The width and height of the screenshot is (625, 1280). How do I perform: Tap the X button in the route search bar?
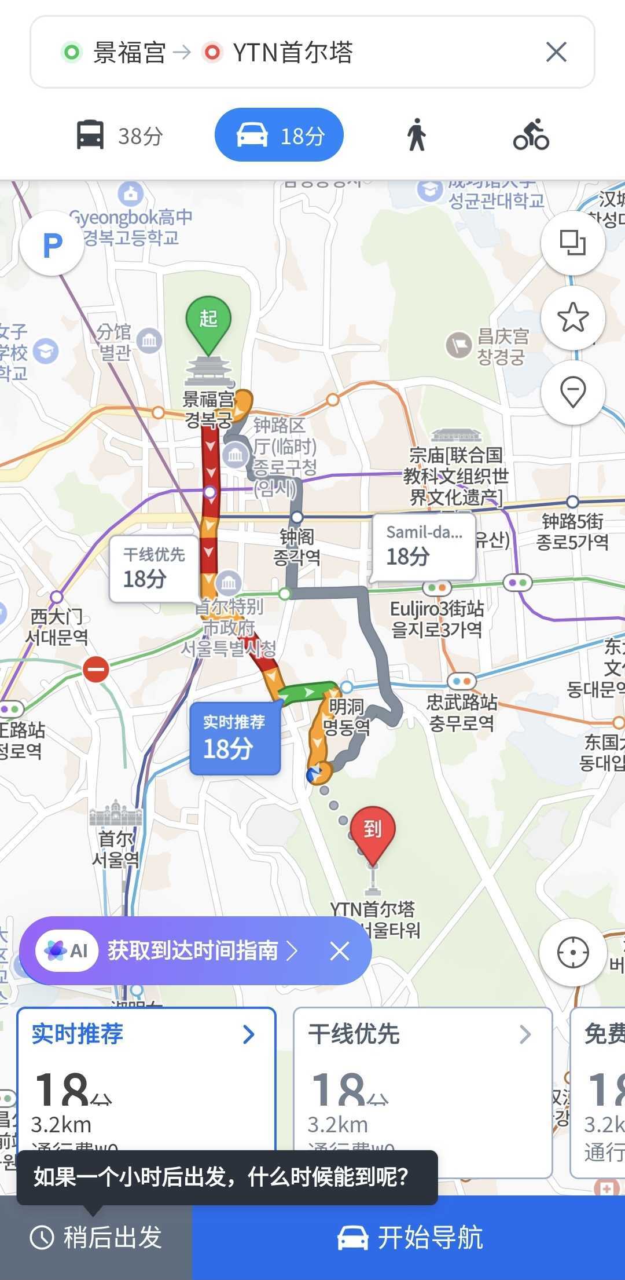pos(556,53)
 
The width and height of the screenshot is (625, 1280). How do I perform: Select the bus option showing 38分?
pos(120,136)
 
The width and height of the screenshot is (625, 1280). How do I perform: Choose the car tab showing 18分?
pos(280,136)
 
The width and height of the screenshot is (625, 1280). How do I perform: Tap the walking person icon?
pos(416,136)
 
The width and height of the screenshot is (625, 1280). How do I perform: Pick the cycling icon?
pos(531,136)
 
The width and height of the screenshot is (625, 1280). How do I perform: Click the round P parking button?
pos(52,244)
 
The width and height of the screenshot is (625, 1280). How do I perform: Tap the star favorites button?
pos(573,317)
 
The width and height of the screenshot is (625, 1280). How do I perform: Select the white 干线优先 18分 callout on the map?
pos(153,568)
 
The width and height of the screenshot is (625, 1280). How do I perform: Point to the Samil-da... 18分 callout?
pos(424,546)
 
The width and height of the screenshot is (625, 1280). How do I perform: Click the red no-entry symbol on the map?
pos(96,670)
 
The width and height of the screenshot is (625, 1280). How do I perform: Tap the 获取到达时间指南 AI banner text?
pos(193,950)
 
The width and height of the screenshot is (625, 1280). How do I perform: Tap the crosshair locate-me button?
pos(573,952)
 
